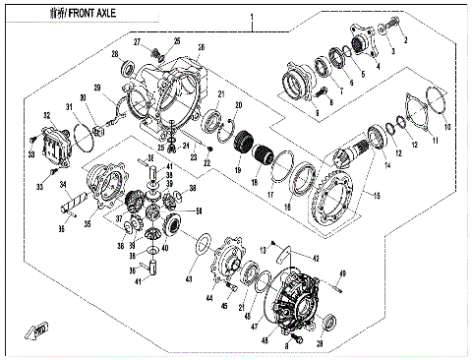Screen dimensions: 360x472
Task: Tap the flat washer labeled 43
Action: tap(202, 245)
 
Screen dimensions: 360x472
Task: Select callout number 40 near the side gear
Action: tap(164, 248)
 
